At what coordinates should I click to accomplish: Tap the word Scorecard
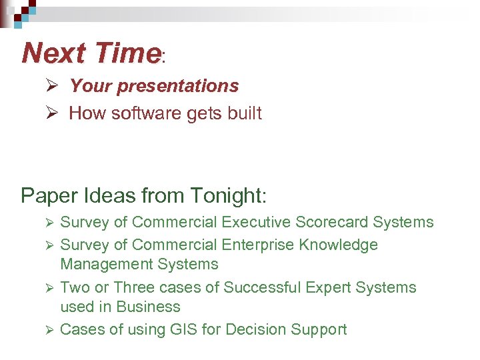click(331, 222)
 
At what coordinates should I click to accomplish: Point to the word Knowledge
click(339, 245)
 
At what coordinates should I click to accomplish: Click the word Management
click(107, 264)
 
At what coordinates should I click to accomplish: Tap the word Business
click(148, 307)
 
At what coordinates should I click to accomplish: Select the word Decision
click(255, 329)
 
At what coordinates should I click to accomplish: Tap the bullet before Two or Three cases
click(47, 287)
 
